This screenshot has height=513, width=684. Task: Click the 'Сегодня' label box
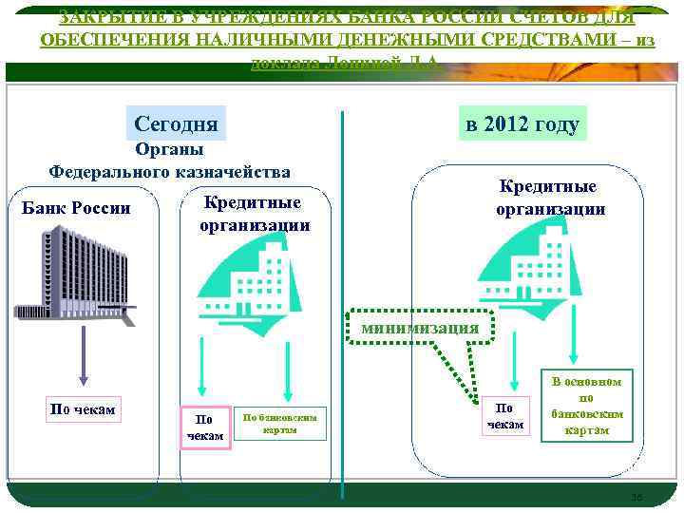pyautogui.click(x=176, y=124)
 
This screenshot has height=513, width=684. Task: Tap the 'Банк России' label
pyautogui.click(x=75, y=208)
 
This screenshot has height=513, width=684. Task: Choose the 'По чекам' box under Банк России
pyautogui.click(x=83, y=409)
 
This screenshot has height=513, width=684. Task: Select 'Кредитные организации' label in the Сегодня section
pyautogui.click(x=254, y=214)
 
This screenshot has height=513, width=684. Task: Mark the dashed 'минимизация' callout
pyautogui.click(x=421, y=327)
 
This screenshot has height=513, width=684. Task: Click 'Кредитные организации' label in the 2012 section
pyautogui.click(x=550, y=199)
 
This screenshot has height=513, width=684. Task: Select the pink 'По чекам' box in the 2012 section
pyautogui.click(x=505, y=415)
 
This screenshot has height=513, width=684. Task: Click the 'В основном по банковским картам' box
pyautogui.click(x=587, y=408)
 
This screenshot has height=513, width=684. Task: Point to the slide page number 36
pyautogui.click(x=636, y=497)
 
